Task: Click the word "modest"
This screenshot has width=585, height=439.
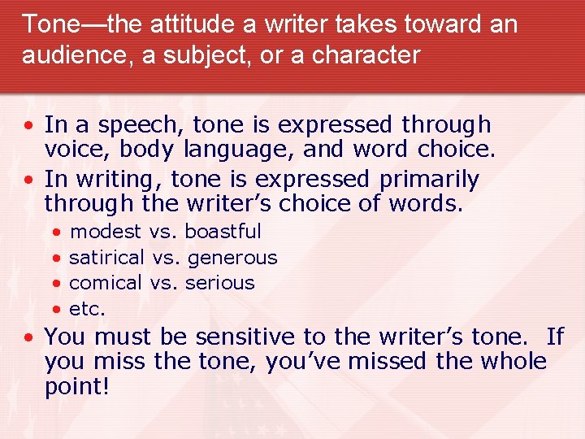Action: tap(106, 232)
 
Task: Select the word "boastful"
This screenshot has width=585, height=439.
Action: tap(223, 232)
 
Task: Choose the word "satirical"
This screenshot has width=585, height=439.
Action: tap(108, 258)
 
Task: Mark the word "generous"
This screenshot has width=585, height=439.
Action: tap(232, 259)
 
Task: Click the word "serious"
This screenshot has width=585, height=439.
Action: tap(219, 283)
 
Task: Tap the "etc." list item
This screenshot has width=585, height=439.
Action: tap(87, 309)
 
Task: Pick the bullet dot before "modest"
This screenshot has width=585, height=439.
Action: tap(56, 233)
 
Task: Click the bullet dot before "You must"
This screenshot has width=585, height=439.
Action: tap(28, 337)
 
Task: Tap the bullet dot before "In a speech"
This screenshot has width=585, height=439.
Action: tap(28, 126)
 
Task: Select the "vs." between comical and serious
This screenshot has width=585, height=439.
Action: tap(165, 283)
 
